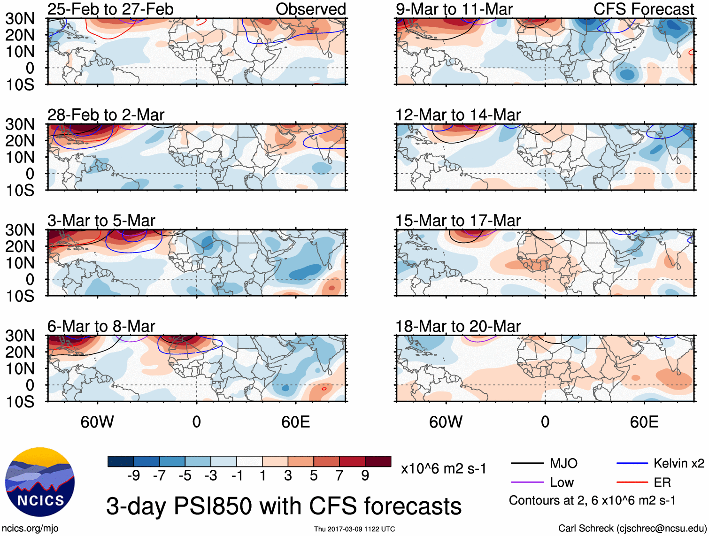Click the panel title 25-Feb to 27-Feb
[110, 9]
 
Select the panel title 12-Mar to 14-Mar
[458, 115]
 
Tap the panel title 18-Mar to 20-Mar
[458, 326]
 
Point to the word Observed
[310, 9]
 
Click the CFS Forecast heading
[644, 9]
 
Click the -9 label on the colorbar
[134, 476]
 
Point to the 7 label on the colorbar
[339, 476]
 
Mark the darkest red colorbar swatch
[378, 461]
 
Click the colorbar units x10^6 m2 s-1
[443, 469]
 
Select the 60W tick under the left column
[97, 422]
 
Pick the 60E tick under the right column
[644, 422]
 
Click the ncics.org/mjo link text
[30, 528]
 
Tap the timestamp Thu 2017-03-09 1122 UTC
[354, 529]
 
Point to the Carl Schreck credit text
[632, 528]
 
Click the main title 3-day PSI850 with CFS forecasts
[284, 506]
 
